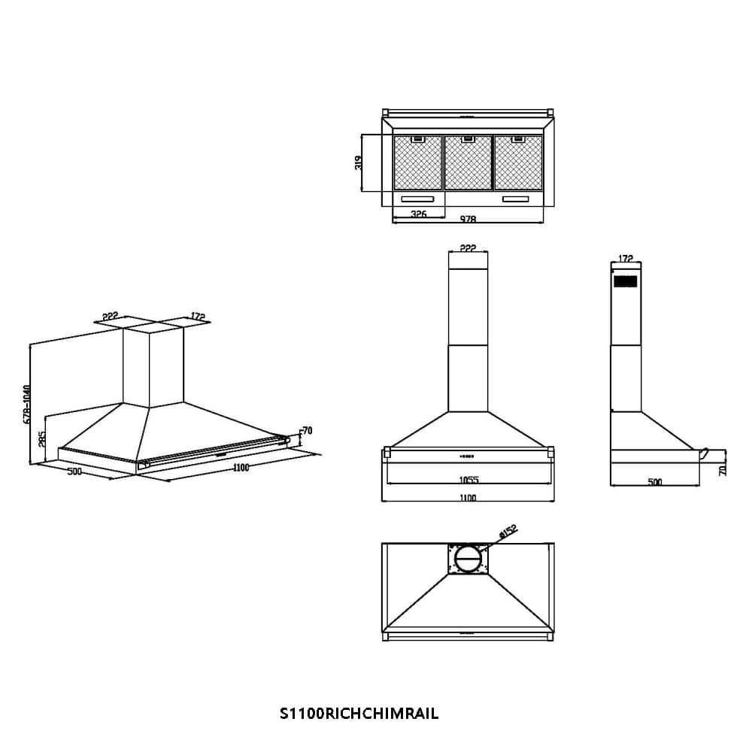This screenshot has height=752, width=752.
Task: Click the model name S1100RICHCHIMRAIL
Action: [x=359, y=714]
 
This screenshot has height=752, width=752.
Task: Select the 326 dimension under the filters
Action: [x=419, y=214]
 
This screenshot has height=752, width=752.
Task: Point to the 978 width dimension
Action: [x=468, y=220]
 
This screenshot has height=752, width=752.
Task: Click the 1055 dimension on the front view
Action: [x=468, y=480]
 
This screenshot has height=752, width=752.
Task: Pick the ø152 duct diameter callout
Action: [x=508, y=532]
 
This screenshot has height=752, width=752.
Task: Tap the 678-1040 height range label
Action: [x=26, y=405]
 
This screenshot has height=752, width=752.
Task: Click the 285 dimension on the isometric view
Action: [x=43, y=438]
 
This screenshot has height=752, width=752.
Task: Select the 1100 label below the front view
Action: [x=468, y=498]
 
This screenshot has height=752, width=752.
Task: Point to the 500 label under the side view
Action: [x=655, y=482]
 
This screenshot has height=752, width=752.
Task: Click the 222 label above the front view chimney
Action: [x=468, y=248]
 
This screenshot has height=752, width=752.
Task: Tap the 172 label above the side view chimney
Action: [x=625, y=259]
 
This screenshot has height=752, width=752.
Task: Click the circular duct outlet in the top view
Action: [x=468, y=559]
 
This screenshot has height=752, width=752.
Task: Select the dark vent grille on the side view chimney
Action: [x=625, y=281]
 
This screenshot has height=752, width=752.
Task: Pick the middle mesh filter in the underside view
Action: [x=468, y=162]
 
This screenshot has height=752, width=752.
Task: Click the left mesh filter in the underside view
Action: [x=418, y=162]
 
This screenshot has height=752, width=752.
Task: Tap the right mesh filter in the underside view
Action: [x=518, y=162]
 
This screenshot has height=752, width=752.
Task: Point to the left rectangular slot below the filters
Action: [x=417, y=199]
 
